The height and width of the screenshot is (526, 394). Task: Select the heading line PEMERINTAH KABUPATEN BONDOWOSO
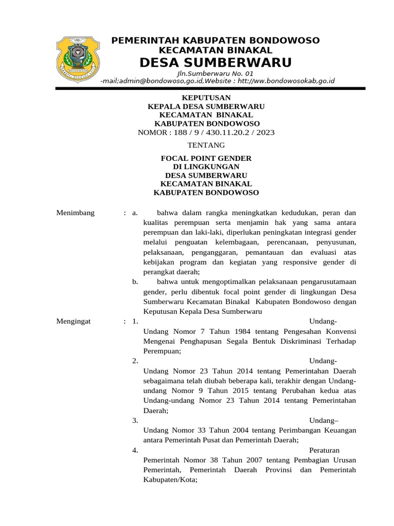215,40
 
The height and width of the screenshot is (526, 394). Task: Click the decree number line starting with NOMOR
207,133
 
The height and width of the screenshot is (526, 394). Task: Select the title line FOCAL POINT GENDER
207,158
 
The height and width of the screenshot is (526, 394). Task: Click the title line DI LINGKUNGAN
207,167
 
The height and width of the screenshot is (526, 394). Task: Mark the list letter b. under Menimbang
135,282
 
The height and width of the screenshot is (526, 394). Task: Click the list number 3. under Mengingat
135,420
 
